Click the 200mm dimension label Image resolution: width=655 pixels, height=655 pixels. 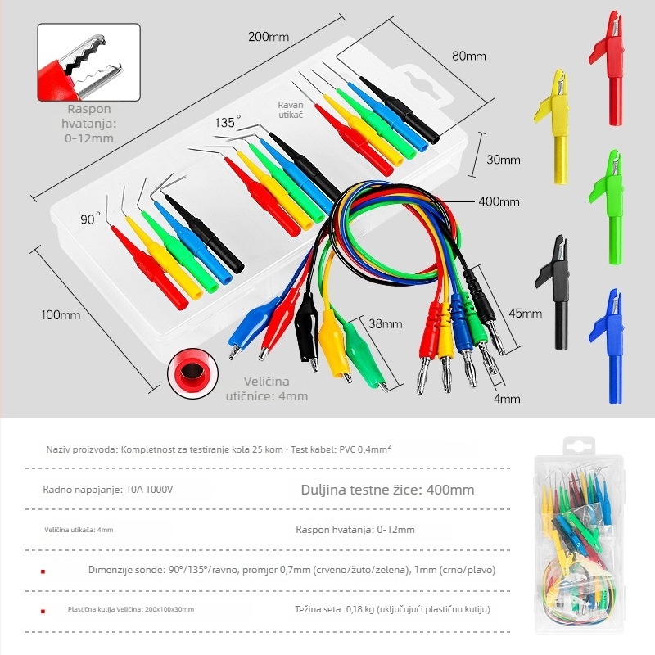point(269,37)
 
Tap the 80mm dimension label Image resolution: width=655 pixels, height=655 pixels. point(468,56)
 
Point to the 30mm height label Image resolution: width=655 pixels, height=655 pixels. point(504,160)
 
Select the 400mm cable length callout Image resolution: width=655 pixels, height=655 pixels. point(499,201)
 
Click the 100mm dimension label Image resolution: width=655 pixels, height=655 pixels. point(61,315)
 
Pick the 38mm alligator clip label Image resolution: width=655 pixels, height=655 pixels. point(385,323)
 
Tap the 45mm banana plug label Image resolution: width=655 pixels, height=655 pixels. point(525,314)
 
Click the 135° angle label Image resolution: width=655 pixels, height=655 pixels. point(228,122)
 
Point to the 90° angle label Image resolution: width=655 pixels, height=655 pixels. point(90,219)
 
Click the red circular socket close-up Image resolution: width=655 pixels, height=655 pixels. point(192,373)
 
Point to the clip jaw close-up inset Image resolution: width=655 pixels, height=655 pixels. point(89,62)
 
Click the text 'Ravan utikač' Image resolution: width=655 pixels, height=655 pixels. point(291,110)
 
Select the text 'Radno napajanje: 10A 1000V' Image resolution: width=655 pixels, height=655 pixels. point(108,489)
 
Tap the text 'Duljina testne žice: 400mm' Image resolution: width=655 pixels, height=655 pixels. point(387,490)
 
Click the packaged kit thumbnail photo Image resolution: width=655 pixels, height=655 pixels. point(580,535)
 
